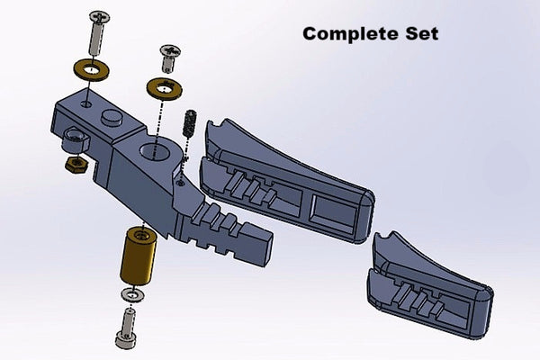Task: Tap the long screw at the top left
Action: pos(96,34)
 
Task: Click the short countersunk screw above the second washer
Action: pos(168,58)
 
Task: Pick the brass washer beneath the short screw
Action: pos(165,87)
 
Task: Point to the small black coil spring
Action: pos(189,121)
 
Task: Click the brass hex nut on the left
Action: pos(75,165)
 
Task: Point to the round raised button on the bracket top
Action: pos(112,118)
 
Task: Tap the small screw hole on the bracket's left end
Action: pos(85,105)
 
